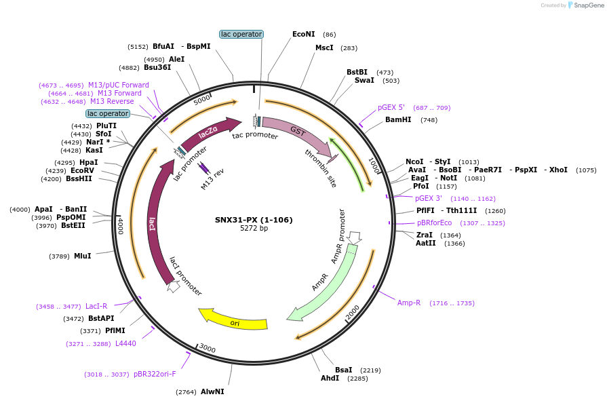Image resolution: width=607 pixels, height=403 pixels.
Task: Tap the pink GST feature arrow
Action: (x=292, y=132)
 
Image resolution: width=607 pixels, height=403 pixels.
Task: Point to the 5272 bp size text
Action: (x=254, y=228)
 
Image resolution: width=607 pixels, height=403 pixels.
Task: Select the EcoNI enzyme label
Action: (x=303, y=34)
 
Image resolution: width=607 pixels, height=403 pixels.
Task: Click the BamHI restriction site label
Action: (x=398, y=119)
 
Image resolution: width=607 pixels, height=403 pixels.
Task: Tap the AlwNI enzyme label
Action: (x=212, y=391)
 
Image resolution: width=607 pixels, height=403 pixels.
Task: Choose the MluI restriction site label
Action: (x=82, y=256)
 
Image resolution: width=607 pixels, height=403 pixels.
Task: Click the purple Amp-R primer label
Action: (x=409, y=303)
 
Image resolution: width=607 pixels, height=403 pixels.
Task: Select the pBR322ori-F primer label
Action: (x=155, y=374)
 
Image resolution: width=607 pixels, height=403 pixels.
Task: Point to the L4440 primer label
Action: (x=125, y=343)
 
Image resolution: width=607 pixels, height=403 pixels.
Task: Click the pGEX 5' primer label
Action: (x=391, y=107)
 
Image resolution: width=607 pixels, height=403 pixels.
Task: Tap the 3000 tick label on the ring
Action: (x=208, y=349)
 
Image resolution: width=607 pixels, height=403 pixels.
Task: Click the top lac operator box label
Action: (x=241, y=34)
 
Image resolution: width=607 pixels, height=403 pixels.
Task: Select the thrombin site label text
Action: (x=321, y=167)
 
